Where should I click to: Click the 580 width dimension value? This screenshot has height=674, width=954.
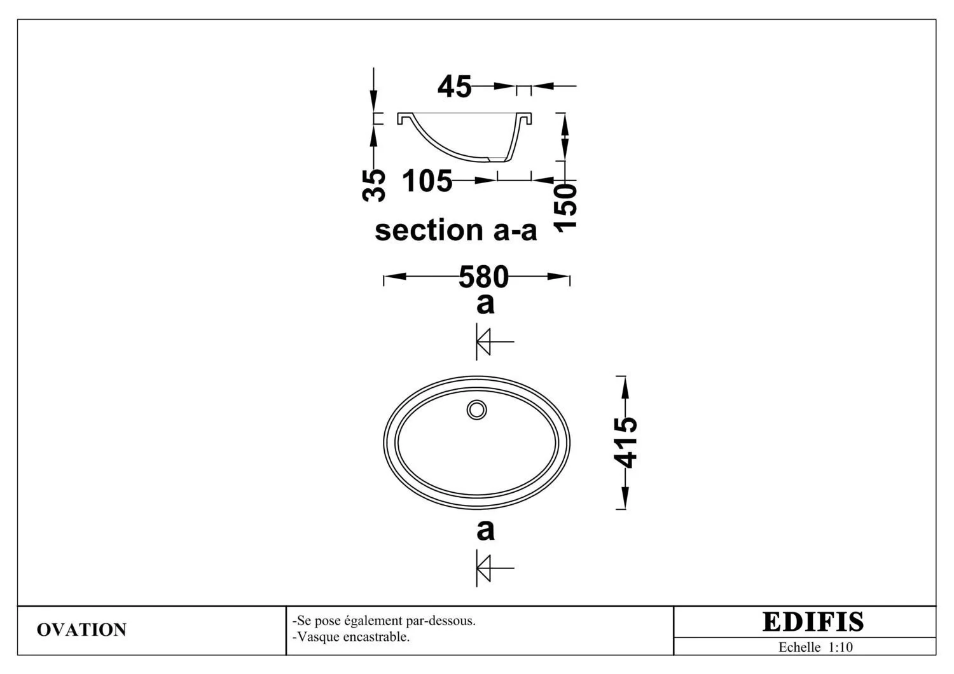pos(483,277)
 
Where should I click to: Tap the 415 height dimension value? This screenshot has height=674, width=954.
pos(625,443)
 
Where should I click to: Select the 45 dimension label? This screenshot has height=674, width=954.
pos(455,86)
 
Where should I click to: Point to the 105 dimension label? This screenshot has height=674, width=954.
pos(427,181)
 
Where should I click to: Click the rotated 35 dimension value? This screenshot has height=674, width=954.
pos(373,185)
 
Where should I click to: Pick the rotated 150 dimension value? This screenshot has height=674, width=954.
pos(565,208)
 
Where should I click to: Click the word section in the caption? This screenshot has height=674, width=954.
pos(429,230)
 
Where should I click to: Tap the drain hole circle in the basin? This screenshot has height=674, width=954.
pos(476,410)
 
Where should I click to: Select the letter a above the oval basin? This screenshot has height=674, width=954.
pos(485,305)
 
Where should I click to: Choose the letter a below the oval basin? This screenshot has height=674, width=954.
pos(485,530)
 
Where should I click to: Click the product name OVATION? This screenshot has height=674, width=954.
pos(82,629)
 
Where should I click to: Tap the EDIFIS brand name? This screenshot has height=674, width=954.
pos(813,622)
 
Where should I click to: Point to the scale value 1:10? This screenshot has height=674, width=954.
pos(840,647)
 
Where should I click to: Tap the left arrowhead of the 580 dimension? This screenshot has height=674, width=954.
pos(395,277)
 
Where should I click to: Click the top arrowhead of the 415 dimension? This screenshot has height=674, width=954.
pos(625,387)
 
